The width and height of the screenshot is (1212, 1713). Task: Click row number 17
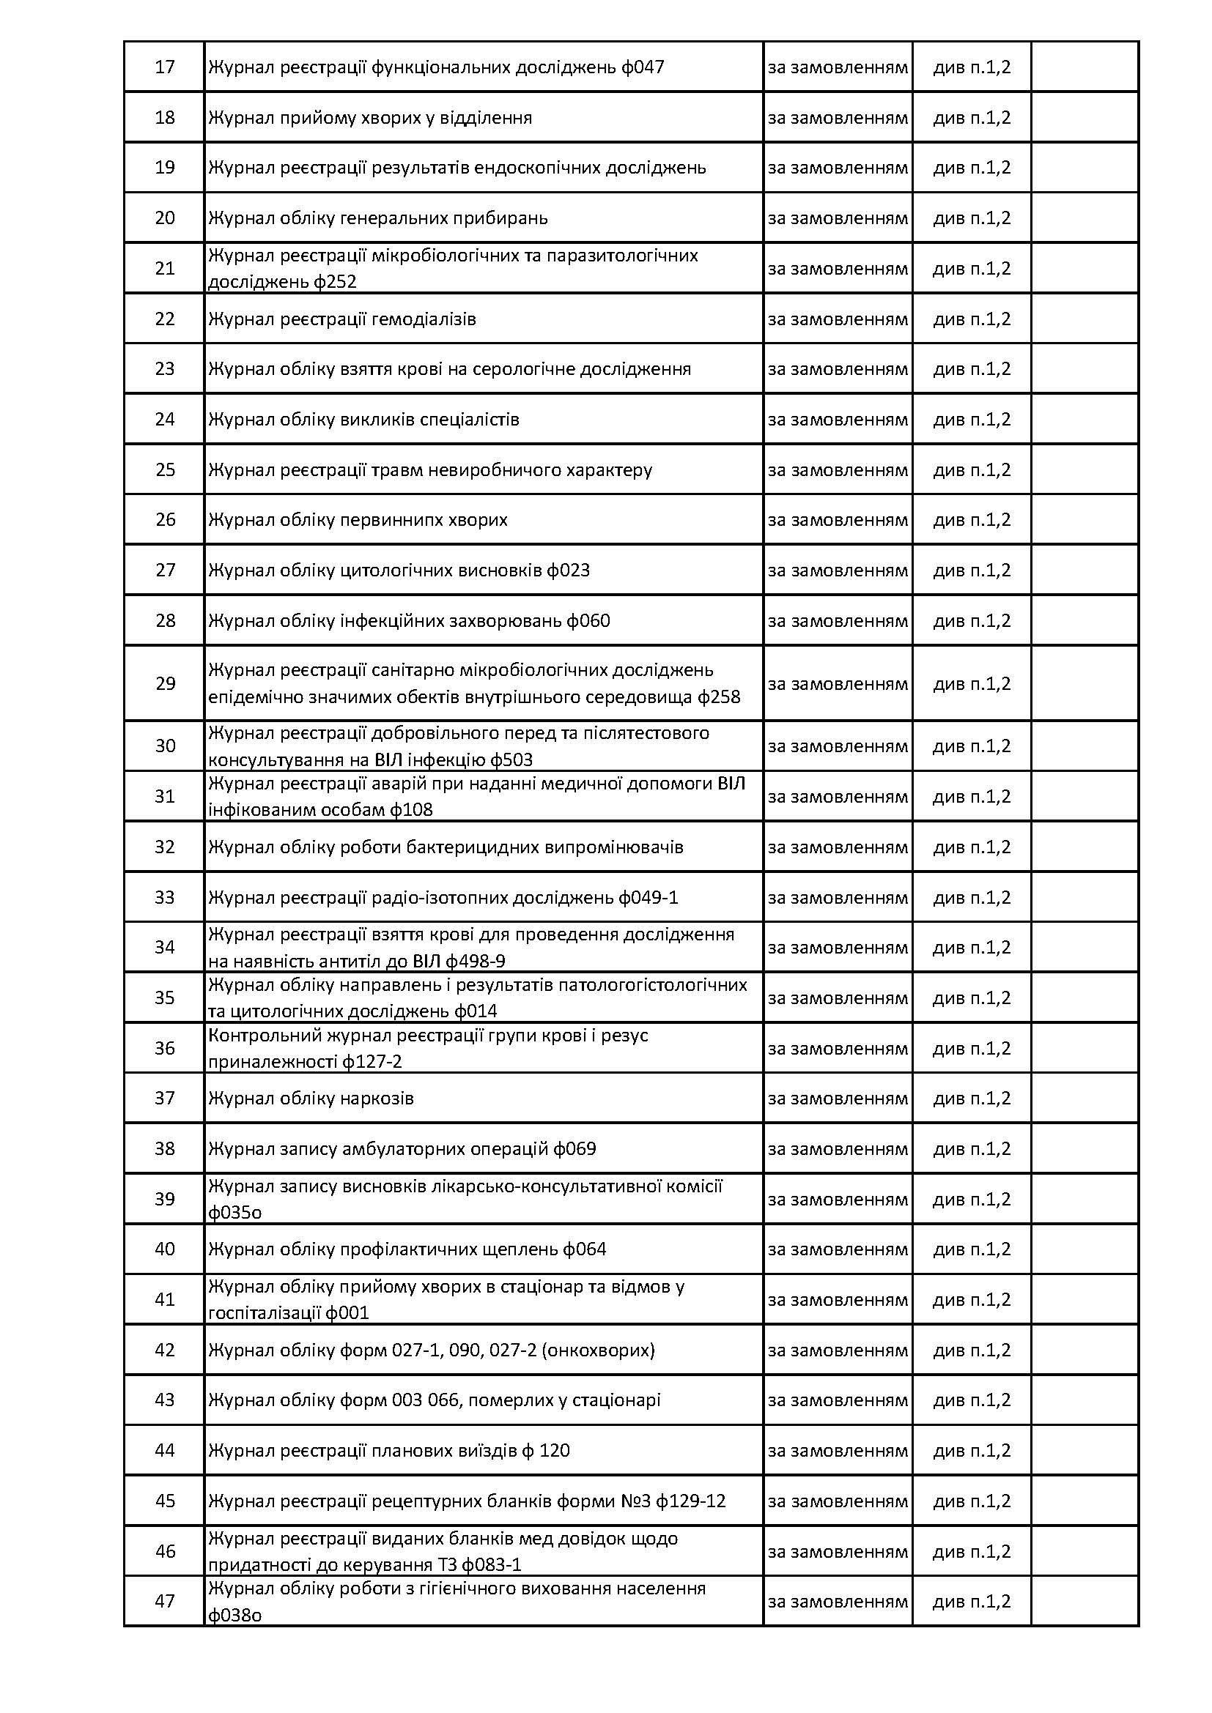(164, 67)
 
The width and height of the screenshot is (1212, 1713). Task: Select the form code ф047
(643, 67)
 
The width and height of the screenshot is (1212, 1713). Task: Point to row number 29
(165, 683)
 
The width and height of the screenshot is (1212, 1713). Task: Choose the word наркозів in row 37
(379, 1099)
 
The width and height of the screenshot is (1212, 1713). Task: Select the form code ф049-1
(649, 897)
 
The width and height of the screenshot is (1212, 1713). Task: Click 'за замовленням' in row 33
(838, 897)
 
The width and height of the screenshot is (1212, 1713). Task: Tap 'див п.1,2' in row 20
(972, 218)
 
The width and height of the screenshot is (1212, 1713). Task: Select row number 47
(165, 1600)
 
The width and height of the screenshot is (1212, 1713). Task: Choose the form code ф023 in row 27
(568, 570)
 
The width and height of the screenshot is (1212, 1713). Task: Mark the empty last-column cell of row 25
(1084, 469)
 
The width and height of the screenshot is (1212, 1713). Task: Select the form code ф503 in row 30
(511, 759)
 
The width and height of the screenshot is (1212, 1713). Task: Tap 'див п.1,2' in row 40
(972, 1249)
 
